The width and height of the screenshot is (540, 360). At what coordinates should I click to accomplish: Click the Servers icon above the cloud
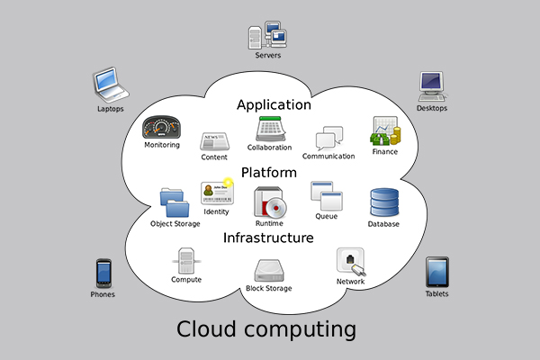click(x=267, y=34)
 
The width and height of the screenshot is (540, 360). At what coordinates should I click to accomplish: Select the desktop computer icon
click(x=431, y=86)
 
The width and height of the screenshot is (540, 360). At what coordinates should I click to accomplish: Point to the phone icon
click(x=103, y=273)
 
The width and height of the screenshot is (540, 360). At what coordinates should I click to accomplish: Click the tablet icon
click(x=436, y=272)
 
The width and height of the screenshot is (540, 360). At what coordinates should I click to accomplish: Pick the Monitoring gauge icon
click(x=162, y=127)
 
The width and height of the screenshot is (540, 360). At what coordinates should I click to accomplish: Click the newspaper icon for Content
click(x=214, y=141)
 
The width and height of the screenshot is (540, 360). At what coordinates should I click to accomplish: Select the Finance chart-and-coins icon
click(x=384, y=132)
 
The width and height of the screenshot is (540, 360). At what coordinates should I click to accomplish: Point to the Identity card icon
click(x=217, y=193)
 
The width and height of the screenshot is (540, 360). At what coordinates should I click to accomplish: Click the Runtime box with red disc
click(x=270, y=202)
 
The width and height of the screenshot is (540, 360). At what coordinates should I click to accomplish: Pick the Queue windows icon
click(x=325, y=195)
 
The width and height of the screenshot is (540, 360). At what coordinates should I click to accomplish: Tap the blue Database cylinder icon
click(x=383, y=203)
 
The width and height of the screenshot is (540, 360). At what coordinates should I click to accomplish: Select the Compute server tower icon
click(x=185, y=261)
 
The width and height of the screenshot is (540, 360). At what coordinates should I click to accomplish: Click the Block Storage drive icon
click(x=269, y=271)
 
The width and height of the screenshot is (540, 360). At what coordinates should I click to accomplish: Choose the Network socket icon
click(x=350, y=262)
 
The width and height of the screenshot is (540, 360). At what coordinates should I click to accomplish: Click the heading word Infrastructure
click(x=268, y=238)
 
